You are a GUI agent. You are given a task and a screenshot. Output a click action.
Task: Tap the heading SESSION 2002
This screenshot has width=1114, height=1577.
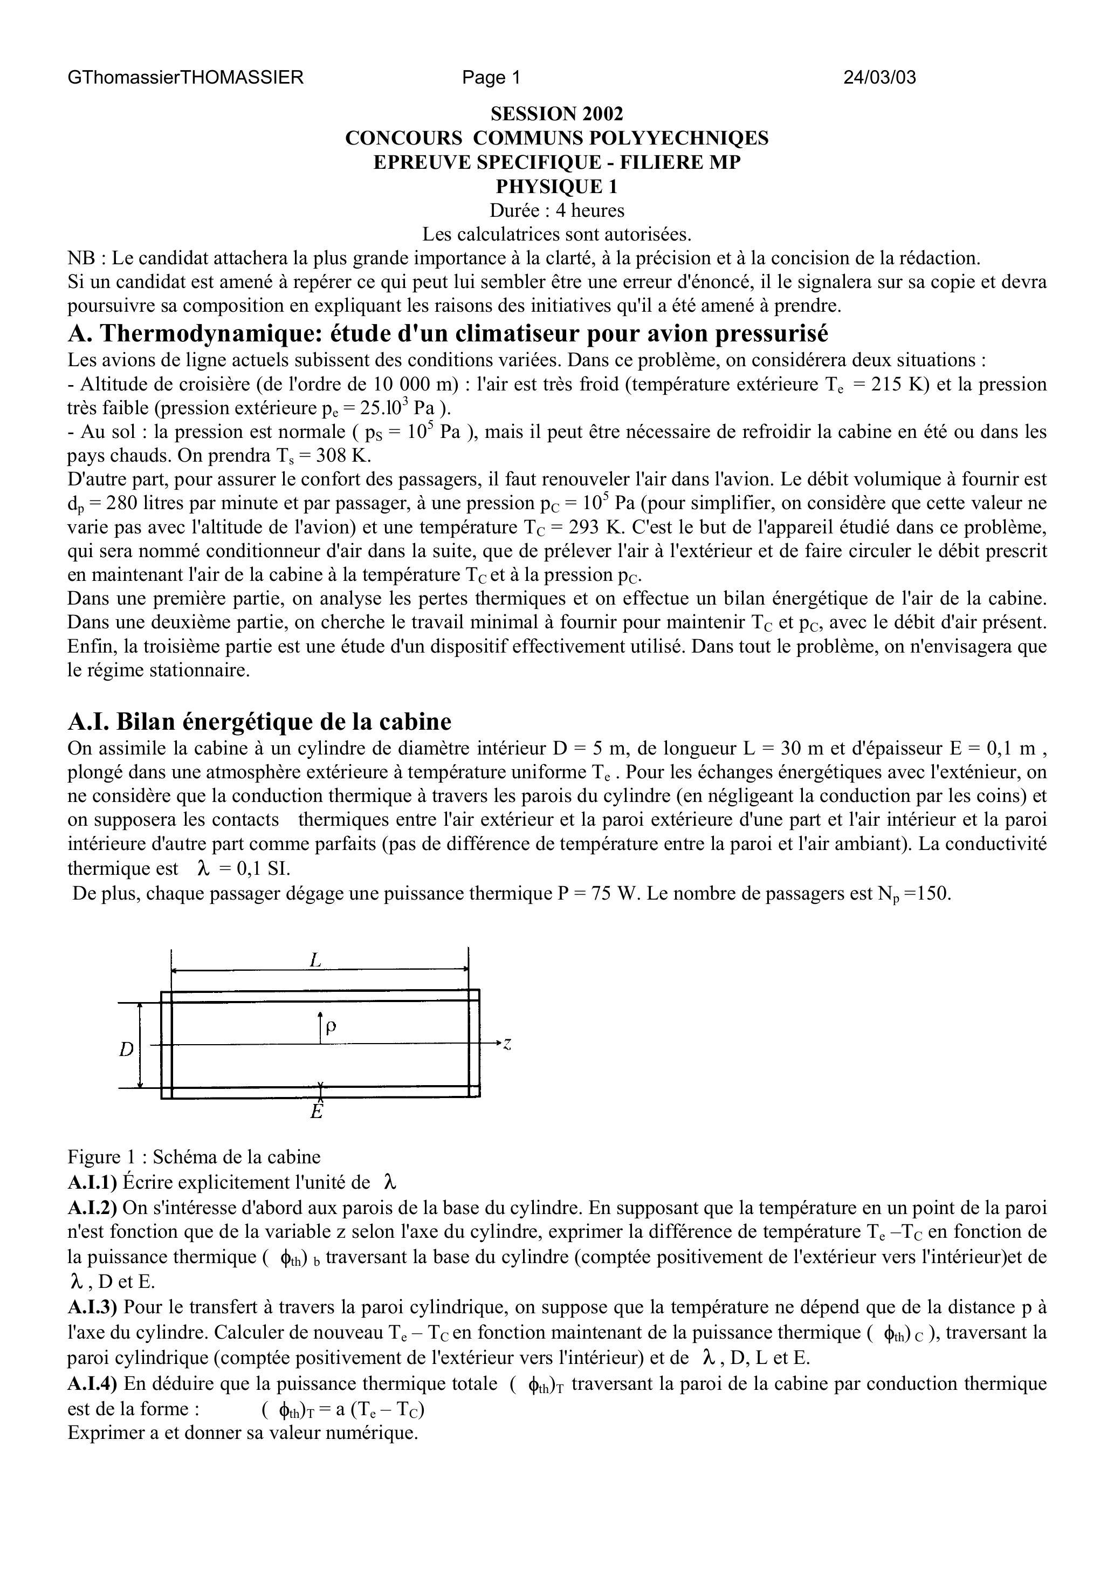tap(556, 114)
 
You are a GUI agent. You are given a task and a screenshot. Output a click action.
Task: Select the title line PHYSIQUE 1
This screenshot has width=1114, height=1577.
tap(556, 186)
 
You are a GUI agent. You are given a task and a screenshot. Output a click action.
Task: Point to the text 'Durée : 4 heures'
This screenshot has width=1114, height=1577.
tap(556, 210)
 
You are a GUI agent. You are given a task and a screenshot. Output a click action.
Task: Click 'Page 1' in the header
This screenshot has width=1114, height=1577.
tap(491, 78)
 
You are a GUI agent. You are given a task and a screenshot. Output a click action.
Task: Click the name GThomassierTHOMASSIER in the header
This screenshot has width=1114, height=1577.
tap(185, 78)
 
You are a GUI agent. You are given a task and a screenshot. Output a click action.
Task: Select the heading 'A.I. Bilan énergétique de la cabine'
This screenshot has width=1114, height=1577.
tap(259, 722)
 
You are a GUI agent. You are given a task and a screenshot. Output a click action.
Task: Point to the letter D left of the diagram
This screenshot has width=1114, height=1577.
tap(126, 1050)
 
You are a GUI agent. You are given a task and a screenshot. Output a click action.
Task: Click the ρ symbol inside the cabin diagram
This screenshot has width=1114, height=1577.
tap(331, 1026)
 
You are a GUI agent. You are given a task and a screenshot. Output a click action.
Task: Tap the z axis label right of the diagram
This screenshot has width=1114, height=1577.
tap(507, 1044)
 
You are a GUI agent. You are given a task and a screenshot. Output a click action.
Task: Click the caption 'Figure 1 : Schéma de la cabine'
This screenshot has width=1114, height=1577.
tap(194, 1157)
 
